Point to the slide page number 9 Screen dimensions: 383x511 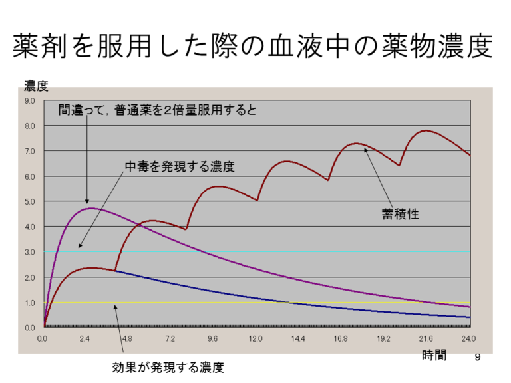point(477,358)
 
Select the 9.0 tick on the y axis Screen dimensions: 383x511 point(30,101)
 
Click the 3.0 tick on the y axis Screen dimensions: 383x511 point(30,252)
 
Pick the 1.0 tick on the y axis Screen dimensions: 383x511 point(30,303)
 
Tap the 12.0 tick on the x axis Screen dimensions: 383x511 point(255,339)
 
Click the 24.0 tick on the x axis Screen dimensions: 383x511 point(468,339)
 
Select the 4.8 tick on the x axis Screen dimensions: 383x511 point(128,339)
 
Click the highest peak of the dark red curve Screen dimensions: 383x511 point(426,130)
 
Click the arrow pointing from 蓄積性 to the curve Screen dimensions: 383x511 point(382,176)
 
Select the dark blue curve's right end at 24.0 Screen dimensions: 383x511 point(468,317)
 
